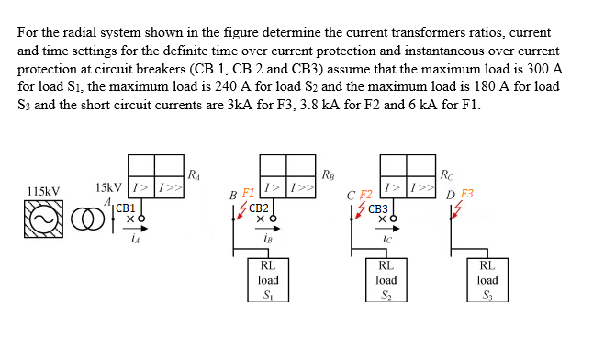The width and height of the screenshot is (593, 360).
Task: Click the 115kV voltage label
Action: coord(43,191)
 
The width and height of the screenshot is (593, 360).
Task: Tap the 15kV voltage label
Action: coord(109,188)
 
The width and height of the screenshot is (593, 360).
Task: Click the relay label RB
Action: coord(328,175)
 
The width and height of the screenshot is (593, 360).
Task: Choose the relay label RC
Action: coord(446,175)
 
